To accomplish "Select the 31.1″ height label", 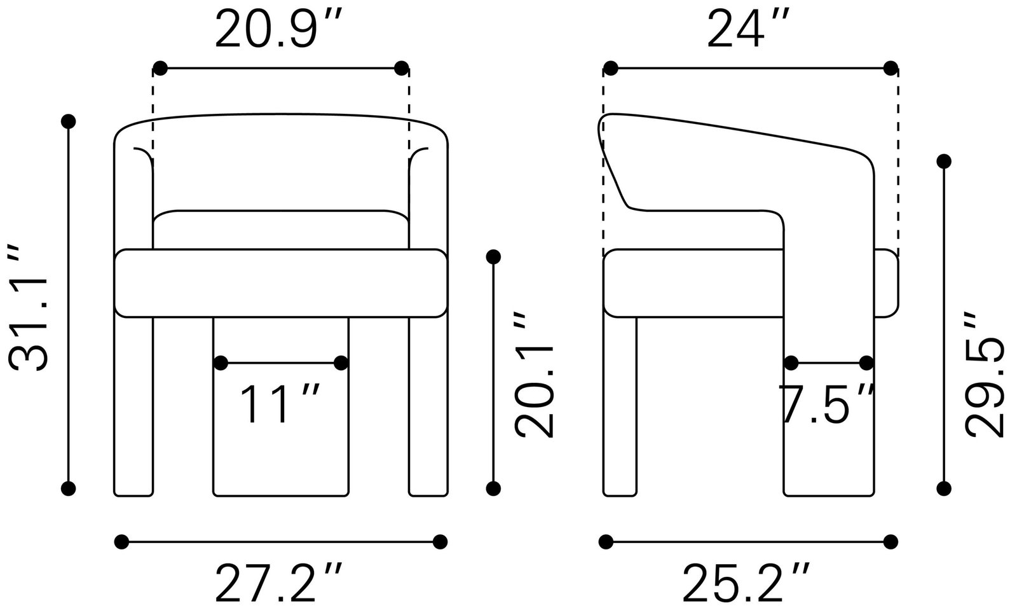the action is click(28, 308).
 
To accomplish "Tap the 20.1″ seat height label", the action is click(534, 374).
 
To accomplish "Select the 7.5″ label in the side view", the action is click(826, 404).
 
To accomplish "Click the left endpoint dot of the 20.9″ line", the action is click(160, 69).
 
